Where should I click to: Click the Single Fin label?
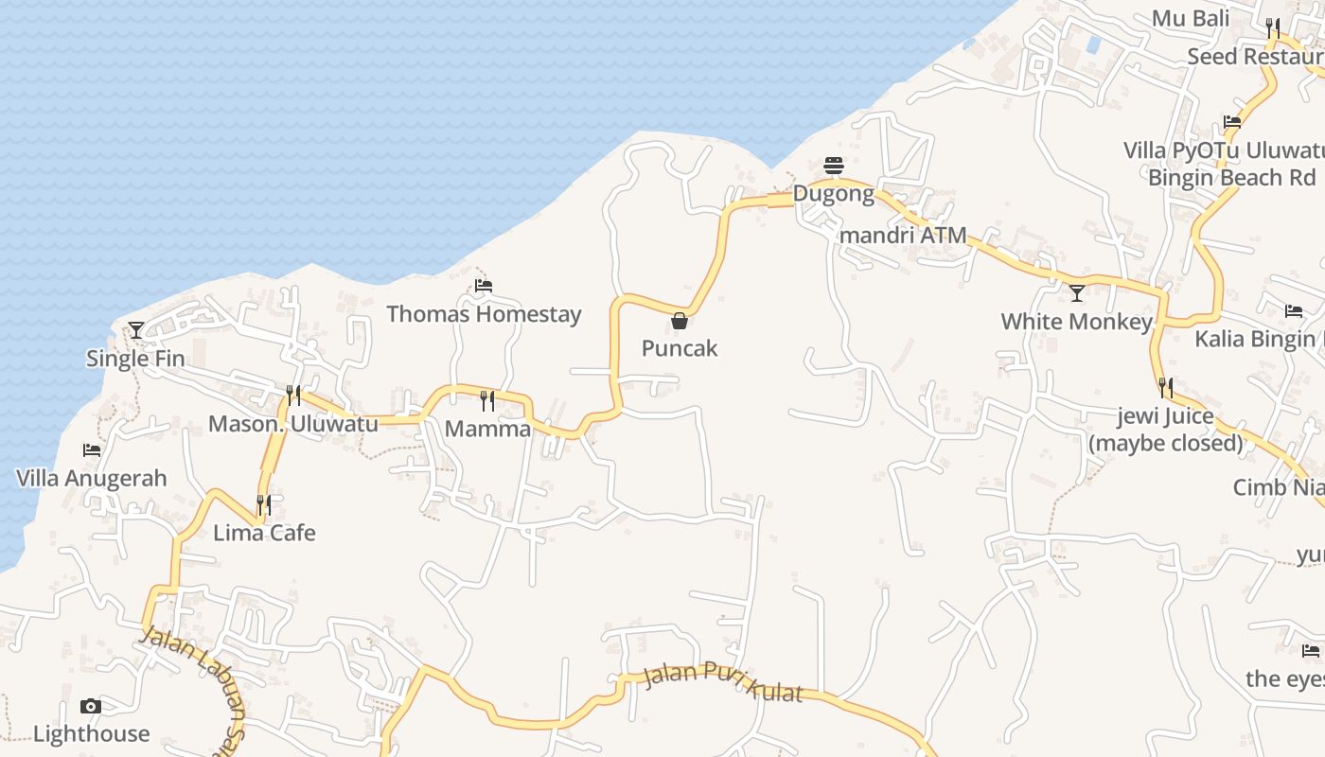point(135,359)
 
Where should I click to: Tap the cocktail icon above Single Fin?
point(136,330)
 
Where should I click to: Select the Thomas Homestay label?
point(484,314)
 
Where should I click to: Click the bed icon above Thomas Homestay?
point(484,285)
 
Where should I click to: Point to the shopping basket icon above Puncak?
point(680,321)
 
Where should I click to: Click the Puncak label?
point(680,348)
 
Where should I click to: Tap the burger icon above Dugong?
point(834,166)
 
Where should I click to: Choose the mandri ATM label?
point(904,235)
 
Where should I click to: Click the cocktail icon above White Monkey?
point(1076,293)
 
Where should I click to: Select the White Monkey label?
point(1076,322)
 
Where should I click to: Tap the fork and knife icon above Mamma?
point(487,401)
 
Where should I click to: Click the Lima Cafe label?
point(264,533)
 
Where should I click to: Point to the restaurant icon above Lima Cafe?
point(264,505)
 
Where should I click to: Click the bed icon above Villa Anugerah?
point(92,450)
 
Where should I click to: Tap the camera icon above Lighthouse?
point(91,706)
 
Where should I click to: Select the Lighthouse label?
point(91,734)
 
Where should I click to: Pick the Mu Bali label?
point(1190,18)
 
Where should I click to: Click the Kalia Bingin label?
point(1255,339)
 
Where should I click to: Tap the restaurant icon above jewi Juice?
point(1166,388)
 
